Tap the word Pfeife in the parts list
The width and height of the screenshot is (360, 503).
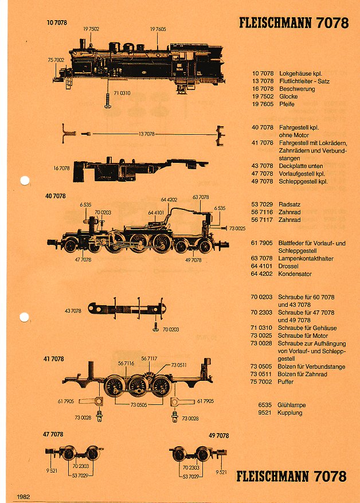coord(287,104)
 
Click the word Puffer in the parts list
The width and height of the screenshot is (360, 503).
coord(287,381)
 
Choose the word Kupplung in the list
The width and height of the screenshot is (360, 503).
coord(291,412)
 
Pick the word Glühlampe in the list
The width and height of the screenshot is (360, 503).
coord(292,404)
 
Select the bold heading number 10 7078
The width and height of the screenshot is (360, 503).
coord(57,22)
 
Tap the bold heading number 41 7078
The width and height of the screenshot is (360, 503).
coord(53,358)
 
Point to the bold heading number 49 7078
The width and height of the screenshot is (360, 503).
coord(219,435)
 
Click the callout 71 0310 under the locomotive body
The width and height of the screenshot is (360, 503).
coord(122,93)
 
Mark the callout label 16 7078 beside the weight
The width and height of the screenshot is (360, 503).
coord(61,168)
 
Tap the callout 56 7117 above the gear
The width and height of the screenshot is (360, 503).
coord(149,358)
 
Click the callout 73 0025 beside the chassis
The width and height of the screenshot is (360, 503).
coord(237,228)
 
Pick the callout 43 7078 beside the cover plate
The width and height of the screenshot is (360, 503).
coord(73,310)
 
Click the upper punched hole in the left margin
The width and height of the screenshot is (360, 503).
coord(24,181)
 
